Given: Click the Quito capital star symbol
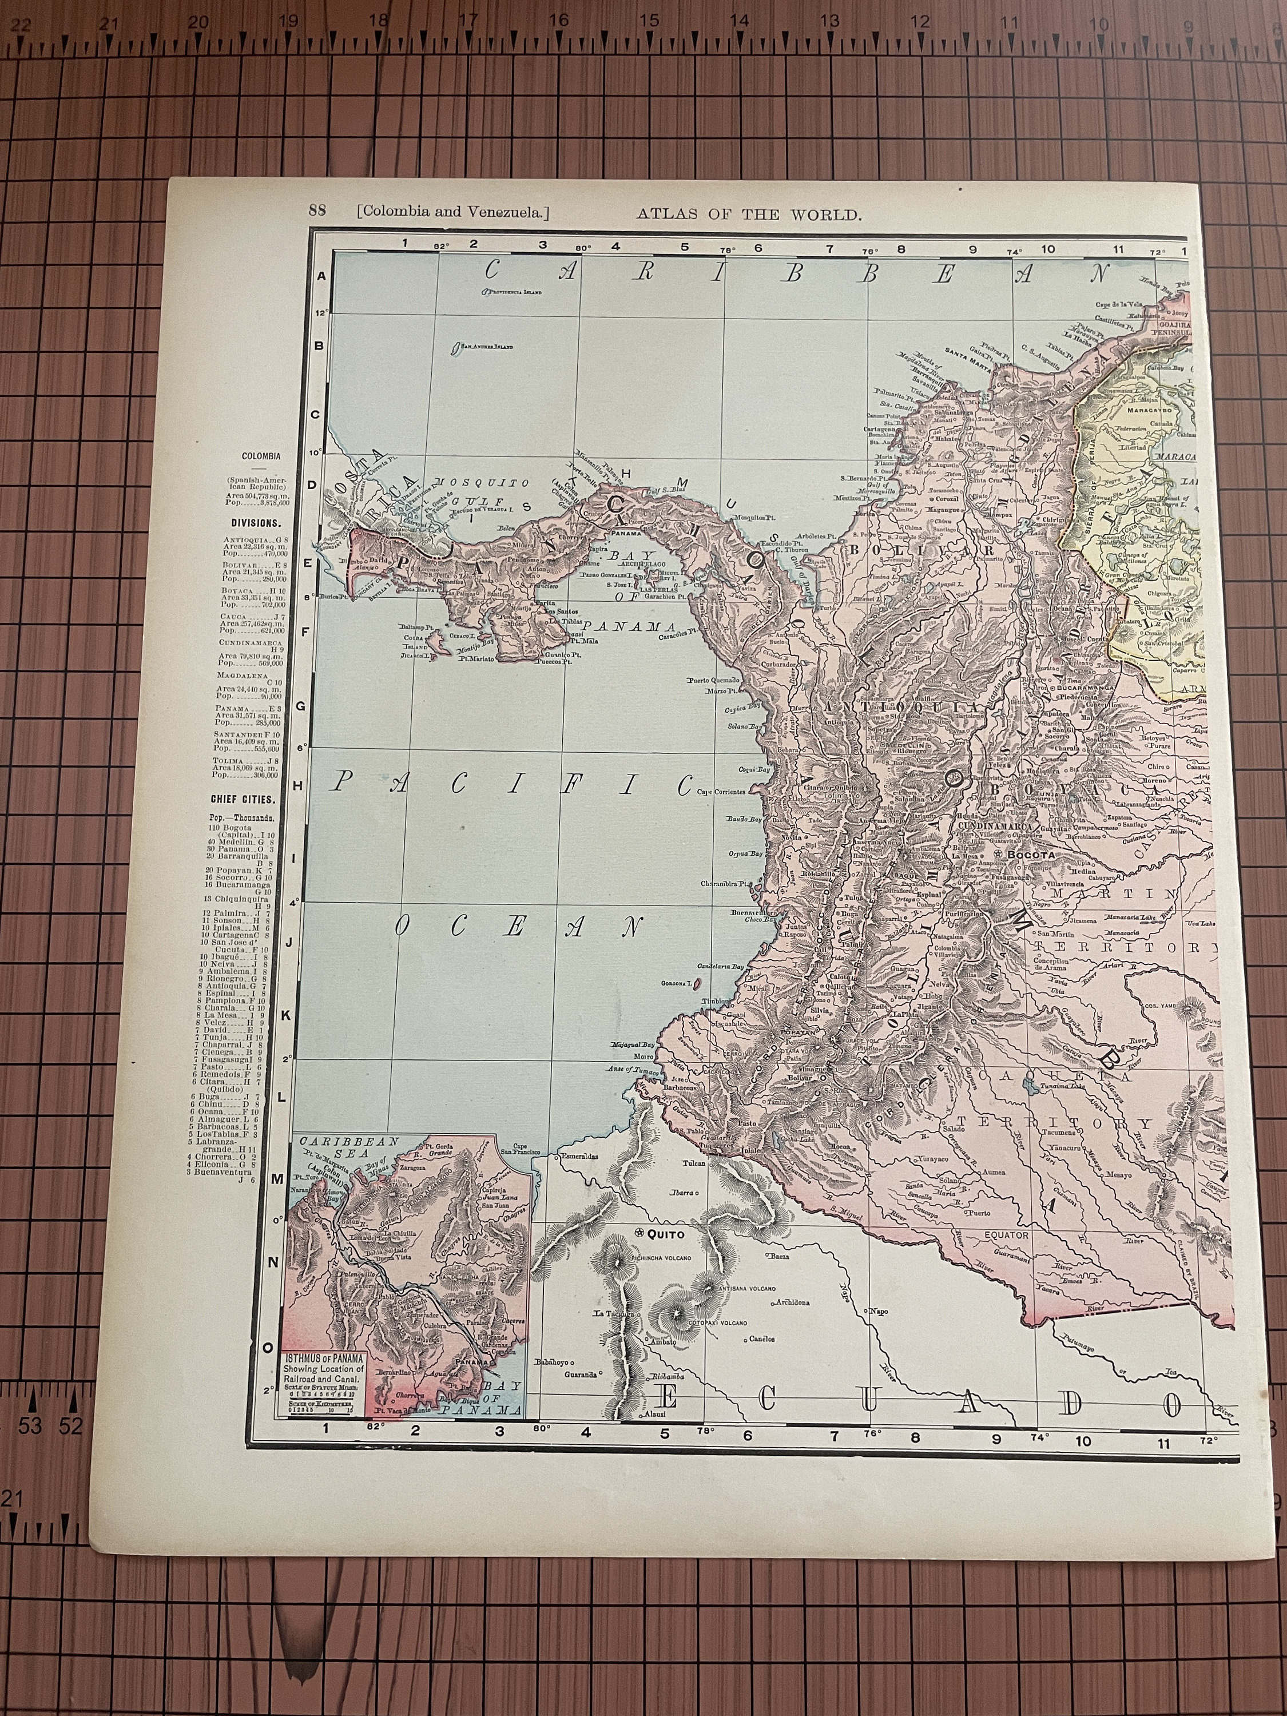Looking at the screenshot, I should coord(638,1233).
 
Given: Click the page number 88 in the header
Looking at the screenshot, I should coord(316,211).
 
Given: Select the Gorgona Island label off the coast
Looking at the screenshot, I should coord(675,983).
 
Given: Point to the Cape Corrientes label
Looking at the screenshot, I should coord(721,792).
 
